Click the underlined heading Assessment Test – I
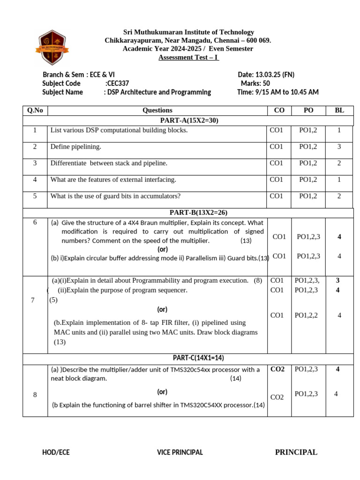pyautogui.click(x=188, y=57)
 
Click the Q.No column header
pyautogui.click(x=35, y=111)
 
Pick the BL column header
pyautogui.click(x=339, y=111)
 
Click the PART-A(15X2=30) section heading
pyautogui.click(x=188, y=120)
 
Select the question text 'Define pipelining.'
pyautogui.click(x=76, y=147)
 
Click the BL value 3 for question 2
pyautogui.click(x=339, y=147)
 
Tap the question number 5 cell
pyautogui.click(x=35, y=196)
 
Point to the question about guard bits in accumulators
pyautogui.click(x=115, y=196)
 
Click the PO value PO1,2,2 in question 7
pyautogui.click(x=307, y=315)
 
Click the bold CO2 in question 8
pyautogui.click(x=277, y=369)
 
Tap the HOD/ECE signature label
pyautogui.click(x=56, y=452)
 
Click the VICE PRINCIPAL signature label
pyautogui.click(x=180, y=452)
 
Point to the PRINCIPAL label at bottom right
pyautogui.click(x=296, y=452)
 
